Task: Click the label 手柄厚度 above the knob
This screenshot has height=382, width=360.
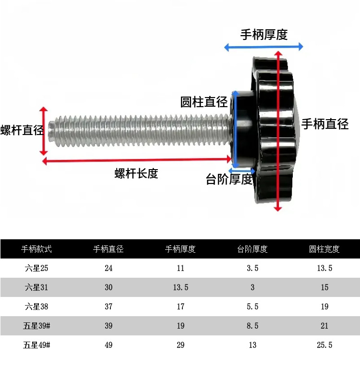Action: tap(264, 35)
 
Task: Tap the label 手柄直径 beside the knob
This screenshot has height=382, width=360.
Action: tap(324, 124)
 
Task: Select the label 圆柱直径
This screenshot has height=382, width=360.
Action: tap(204, 102)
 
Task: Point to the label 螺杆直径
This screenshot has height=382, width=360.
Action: tap(22, 130)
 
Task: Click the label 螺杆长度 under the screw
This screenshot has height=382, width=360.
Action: tap(136, 173)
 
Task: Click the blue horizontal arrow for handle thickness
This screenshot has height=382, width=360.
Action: tap(264, 47)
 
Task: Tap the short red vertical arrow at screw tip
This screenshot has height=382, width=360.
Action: tap(45, 130)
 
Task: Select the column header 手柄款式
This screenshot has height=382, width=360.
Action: tap(36, 249)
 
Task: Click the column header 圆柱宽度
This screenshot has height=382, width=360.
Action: tap(324, 249)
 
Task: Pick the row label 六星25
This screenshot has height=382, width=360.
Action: tap(36, 268)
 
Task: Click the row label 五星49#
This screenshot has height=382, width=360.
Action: tap(36, 345)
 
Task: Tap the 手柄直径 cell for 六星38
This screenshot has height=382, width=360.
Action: tap(108, 307)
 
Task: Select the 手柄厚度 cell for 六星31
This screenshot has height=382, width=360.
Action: tap(180, 287)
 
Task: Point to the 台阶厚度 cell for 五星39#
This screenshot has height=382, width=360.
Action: tap(252, 326)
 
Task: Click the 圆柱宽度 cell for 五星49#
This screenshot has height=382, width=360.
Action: tap(324, 345)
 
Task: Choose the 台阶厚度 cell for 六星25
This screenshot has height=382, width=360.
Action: tap(252, 268)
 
